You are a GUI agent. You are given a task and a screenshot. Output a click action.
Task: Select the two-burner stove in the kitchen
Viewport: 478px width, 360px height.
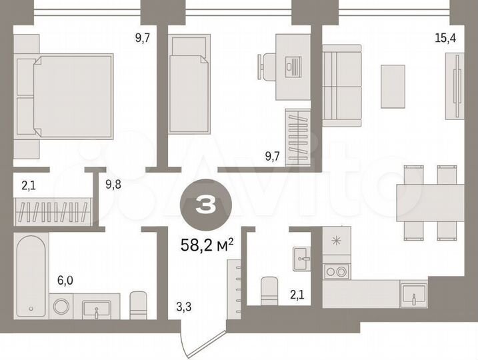coord(336,271)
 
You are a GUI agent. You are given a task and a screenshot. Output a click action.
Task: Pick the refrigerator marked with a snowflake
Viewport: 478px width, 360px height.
coord(336,241)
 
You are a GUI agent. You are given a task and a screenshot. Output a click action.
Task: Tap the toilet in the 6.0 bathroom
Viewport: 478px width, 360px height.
coord(139,305)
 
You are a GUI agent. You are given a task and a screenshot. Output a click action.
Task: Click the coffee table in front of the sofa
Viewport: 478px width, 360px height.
coord(393,85)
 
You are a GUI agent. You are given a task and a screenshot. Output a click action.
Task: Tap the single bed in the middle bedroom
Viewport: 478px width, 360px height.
coord(186,85)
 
